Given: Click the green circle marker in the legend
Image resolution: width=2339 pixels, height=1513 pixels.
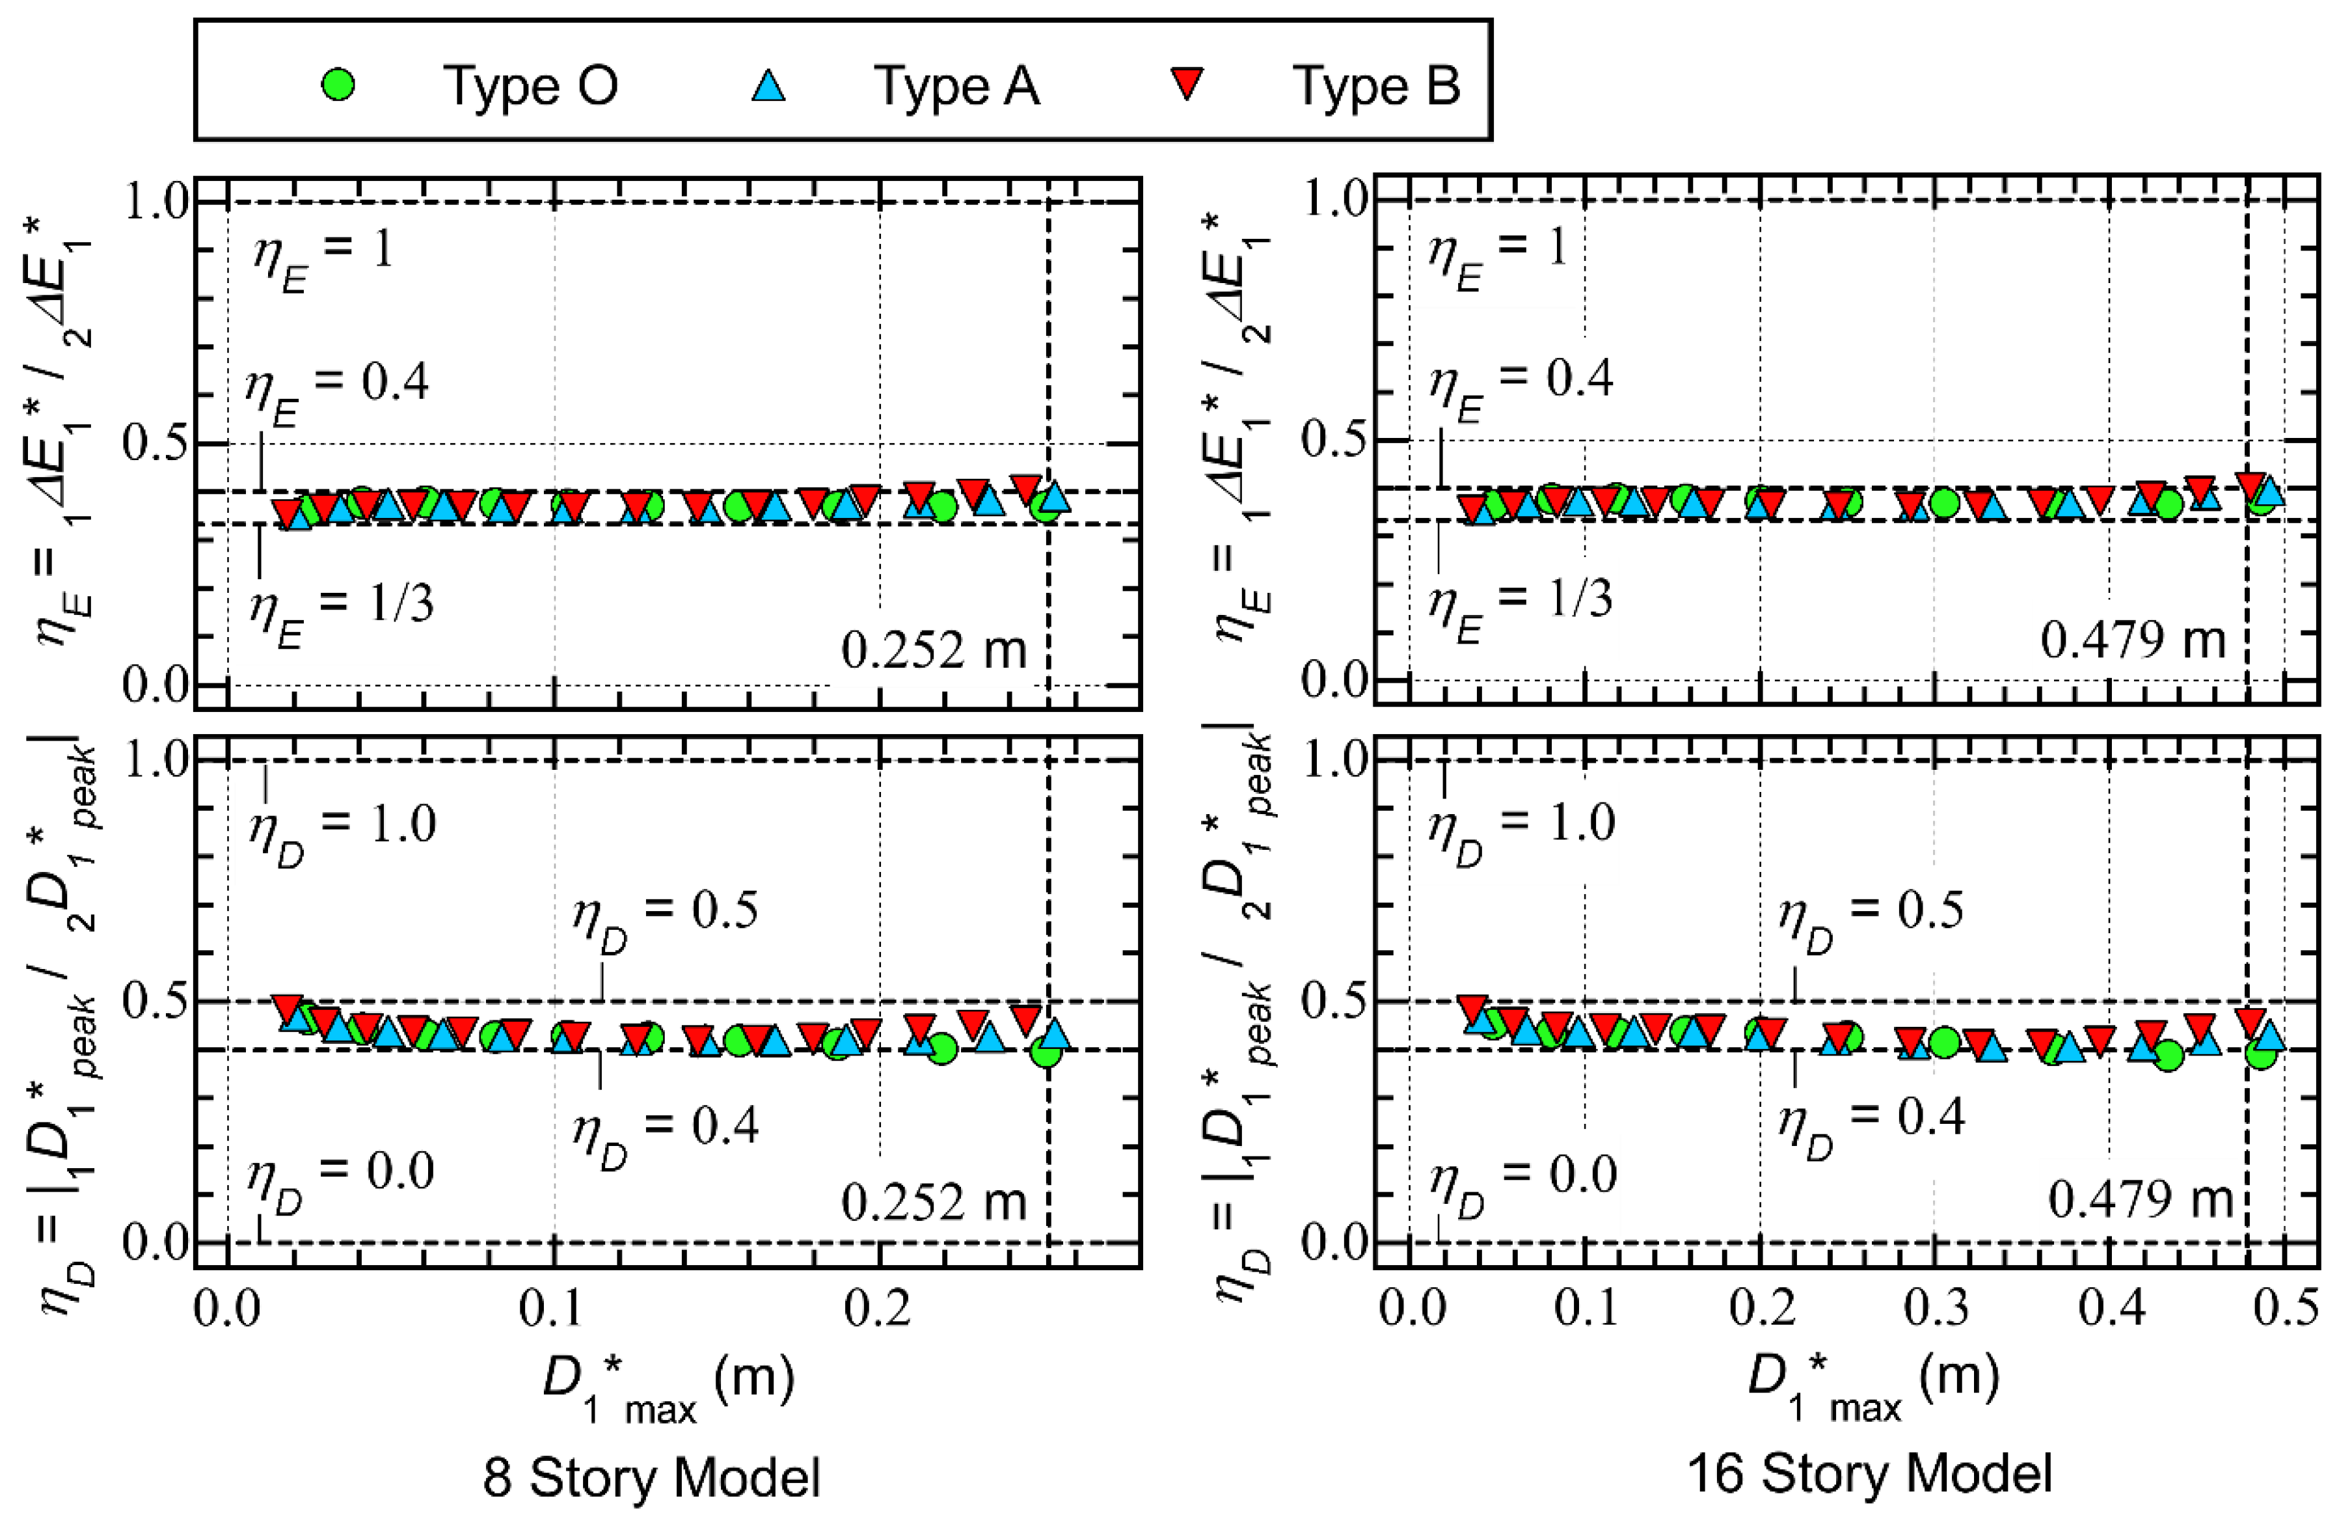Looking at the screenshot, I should [338, 85].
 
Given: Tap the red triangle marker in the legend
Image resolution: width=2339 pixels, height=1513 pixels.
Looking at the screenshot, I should [1187, 83].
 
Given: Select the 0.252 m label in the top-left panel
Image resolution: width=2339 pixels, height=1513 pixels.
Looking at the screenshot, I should [933, 650].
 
